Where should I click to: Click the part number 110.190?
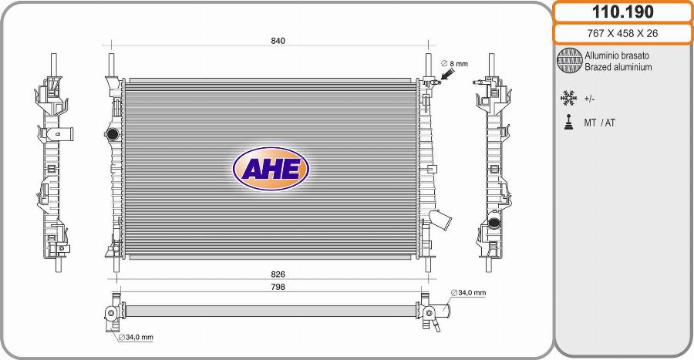tap(622, 12)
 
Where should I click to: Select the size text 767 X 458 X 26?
tap(622, 33)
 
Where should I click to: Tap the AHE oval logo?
tap(271, 168)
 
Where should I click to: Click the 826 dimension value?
tap(278, 274)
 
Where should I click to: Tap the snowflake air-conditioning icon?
tap(569, 99)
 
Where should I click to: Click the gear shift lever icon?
tap(569, 123)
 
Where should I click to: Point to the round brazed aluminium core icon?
tap(569, 61)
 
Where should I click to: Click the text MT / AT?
tap(600, 123)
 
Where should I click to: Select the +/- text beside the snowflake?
tap(589, 99)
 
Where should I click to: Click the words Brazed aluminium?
tap(618, 67)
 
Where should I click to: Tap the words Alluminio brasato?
tap(616, 56)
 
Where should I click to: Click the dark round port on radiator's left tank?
tap(112, 135)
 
